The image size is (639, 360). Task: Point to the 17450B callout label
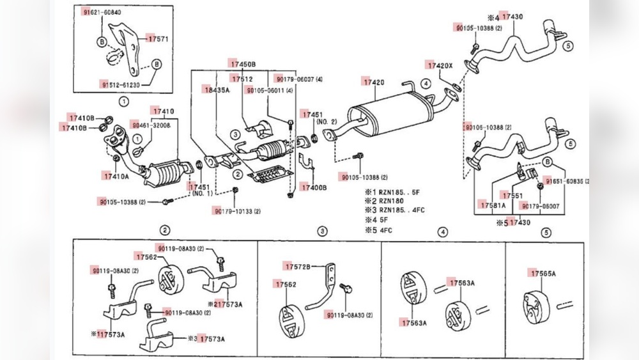coord(243,65)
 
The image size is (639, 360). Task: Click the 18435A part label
coord(217,90)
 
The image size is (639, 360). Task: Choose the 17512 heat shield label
coord(243,79)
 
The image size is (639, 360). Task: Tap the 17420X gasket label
coord(440,66)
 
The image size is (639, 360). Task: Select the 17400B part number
coord(314,187)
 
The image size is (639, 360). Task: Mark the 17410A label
coord(115,175)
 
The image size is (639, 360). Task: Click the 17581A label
coord(492,205)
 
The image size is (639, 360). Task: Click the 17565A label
coord(543,273)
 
